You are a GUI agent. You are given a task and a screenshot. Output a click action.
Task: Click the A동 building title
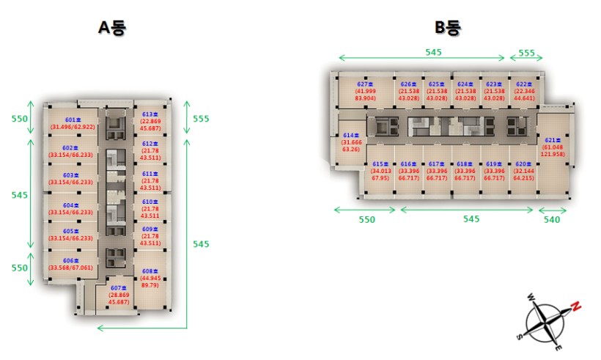(x=113, y=29)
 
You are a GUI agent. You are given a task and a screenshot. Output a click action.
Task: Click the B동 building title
(x=448, y=29)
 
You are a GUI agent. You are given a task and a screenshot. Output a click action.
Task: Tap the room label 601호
(x=72, y=120)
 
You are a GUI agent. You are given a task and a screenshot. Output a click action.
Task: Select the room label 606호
(x=71, y=261)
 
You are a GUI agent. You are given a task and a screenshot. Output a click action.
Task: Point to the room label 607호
(x=119, y=287)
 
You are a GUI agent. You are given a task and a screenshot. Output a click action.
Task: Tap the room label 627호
(x=365, y=84)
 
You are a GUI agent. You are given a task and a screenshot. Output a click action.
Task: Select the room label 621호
(x=552, y=140)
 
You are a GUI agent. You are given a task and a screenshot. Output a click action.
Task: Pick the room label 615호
(x=380, y=164)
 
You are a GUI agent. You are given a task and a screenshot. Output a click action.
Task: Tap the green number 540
(x=551, y=219)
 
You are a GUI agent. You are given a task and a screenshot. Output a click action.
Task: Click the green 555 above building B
(x=526, y=53)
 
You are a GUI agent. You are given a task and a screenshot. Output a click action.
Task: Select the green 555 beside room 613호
(x=201, y=118)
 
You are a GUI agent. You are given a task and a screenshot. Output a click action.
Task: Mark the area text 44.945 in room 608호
(x=150, y=278)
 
